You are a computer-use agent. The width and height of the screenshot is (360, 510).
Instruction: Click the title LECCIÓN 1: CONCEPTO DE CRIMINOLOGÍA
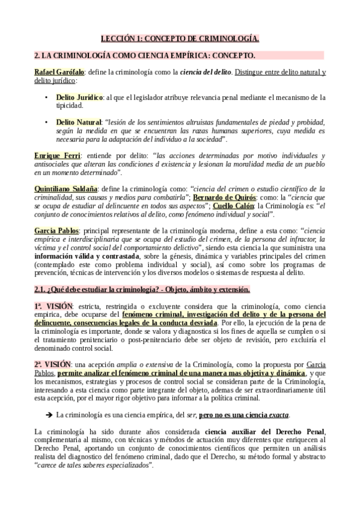(180, 39)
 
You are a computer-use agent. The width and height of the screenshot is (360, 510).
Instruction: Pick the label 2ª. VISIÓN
(53, 364)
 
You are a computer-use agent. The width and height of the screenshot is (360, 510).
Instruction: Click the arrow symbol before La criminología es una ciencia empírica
(49, 414)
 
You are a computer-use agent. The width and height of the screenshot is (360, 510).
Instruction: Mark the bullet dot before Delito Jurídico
(46, 97)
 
